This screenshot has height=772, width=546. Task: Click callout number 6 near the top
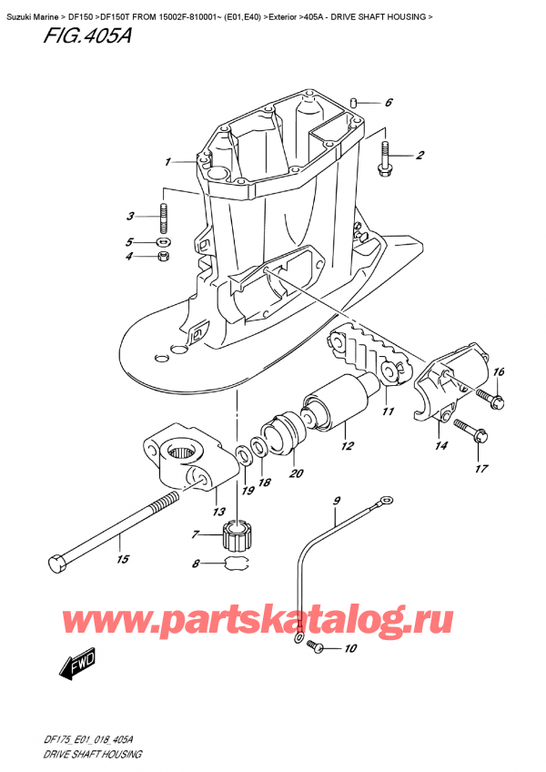point(388,103)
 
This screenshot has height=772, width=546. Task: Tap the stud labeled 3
point(165,218)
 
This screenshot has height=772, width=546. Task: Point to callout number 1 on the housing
point(168,162)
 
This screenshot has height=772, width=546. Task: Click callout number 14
point(442,446)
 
